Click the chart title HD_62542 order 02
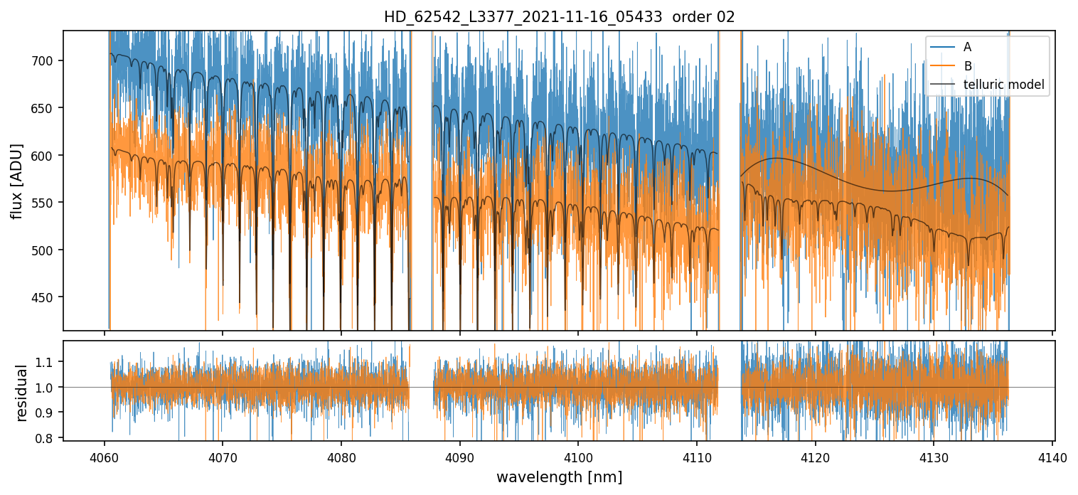[559, 17]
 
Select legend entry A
[967, 47]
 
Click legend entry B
[967, 66]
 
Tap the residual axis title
[21, 392]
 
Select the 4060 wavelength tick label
[105, 458]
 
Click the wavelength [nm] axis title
[559, 477]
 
